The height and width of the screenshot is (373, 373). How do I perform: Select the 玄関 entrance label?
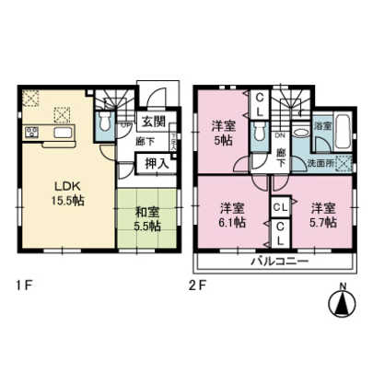(x=152, y=121)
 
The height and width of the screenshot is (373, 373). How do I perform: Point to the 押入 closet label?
(x=153, y=163)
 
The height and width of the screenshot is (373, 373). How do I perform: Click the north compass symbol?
(x=341, y=301)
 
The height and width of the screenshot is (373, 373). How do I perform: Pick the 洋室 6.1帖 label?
(x=232, y=215)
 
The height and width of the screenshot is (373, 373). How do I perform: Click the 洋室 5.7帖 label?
(x=322, y=215)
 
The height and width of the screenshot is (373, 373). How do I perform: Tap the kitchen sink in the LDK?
(x=62, y=136)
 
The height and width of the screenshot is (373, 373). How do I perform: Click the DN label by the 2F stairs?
(x=281, y=134)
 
